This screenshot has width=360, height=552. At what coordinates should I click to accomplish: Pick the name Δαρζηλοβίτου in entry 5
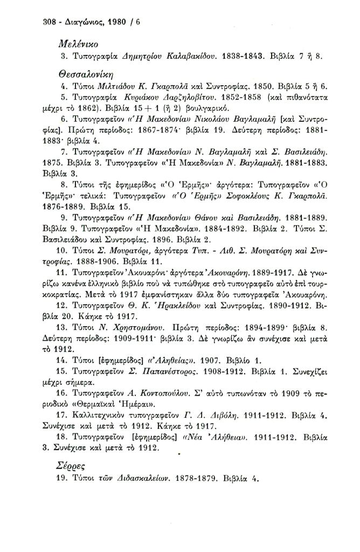[x=175, y=100]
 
